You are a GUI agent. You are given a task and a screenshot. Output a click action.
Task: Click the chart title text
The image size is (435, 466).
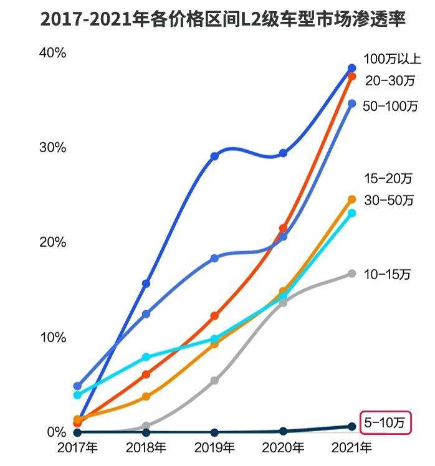222,19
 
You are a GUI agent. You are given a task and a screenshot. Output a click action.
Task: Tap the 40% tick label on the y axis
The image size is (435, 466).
52,53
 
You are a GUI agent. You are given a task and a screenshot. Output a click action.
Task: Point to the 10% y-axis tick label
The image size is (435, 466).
52,337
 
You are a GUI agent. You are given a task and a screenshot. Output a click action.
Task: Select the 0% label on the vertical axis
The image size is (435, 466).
56,432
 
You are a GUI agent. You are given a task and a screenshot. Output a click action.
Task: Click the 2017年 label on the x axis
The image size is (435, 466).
77,448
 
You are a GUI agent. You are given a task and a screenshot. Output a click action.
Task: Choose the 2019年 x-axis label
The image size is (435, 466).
214,448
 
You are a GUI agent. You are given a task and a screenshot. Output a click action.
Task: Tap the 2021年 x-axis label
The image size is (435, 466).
351,448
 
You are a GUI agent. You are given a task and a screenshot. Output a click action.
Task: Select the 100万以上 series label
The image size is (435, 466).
393,60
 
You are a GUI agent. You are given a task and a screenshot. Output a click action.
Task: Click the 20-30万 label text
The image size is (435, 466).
390,80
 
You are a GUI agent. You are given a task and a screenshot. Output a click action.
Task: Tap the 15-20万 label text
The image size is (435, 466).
388,179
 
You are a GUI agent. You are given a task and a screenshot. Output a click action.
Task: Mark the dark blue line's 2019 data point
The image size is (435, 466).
214,156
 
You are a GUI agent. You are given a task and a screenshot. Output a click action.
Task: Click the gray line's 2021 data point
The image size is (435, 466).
351,273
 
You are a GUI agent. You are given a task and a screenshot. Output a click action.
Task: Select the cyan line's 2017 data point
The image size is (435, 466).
77,395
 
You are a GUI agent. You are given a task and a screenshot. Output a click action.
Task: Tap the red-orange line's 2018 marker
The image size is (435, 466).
146,374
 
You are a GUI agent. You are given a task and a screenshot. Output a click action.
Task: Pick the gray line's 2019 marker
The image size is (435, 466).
214,381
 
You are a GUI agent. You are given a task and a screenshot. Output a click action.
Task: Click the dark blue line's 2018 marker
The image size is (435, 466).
146,284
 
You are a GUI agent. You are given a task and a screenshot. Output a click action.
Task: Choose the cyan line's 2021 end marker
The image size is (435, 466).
351,213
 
